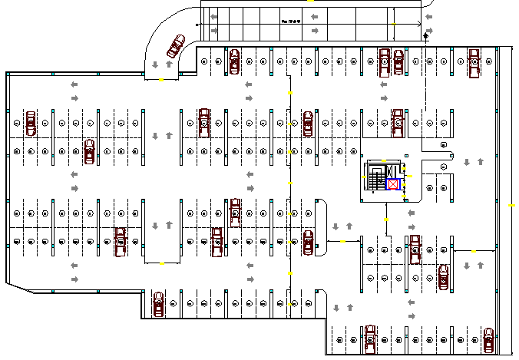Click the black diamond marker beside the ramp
tap(425, 35)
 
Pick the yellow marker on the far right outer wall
tap(512, 206)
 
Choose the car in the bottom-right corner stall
tap(488, 339)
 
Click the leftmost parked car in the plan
tap(31, 123)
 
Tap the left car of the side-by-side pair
tap(384, 61)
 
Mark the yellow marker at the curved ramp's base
tap(162, 79)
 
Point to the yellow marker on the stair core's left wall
tap(364, 177)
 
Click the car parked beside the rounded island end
tap(308, 242)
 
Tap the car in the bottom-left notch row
tap(158, 304)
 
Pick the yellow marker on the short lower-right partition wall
tap(474, 251)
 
